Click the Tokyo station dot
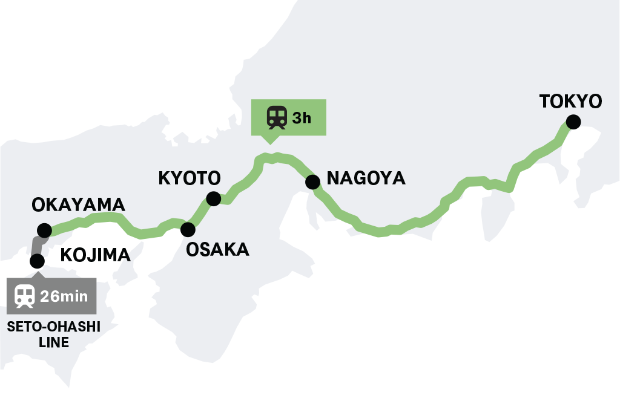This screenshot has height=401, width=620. pos(573,122)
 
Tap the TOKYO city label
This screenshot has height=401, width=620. pos(570,101)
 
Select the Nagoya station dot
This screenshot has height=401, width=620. pos(312,181)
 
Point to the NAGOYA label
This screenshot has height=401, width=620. pos(366,178)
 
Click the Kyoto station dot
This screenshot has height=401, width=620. pos(213,198)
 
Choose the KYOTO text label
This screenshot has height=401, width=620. pos(189,178)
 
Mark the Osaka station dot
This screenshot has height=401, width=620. pos(188,229)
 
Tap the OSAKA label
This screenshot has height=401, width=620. pos(217,249)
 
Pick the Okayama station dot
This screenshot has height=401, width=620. pos(44,230)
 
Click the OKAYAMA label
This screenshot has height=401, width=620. pos(78,205)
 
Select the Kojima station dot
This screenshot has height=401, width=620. pos(37,260)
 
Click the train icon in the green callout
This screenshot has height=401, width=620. pos(277,117)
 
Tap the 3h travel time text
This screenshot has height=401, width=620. pos(302,117)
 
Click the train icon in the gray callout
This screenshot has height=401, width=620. pos(25,296)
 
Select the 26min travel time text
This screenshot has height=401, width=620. pos(64,296)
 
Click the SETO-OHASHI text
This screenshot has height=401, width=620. pos(53,328)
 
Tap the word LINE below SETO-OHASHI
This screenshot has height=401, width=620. pos(53,343)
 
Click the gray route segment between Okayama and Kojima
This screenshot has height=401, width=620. pos(38,245)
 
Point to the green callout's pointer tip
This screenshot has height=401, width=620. pos(271,143)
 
